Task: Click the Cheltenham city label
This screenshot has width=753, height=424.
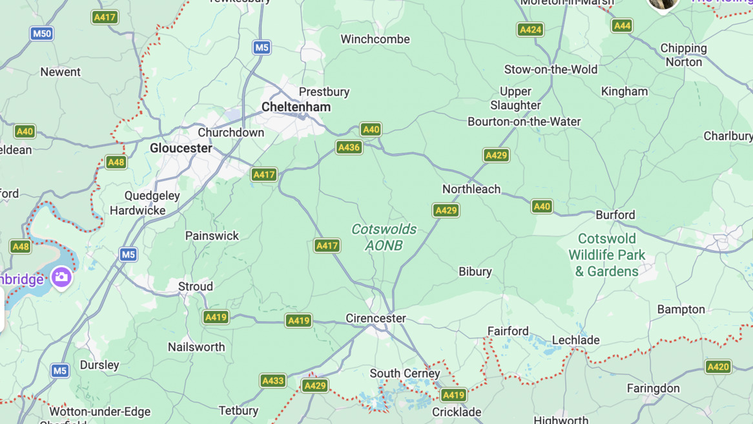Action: (x=296, y=107)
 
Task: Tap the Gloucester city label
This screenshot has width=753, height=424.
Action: (x=181, y=148)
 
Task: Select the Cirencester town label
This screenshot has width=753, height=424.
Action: (x=376, y=318)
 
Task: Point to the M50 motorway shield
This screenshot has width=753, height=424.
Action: (x=41, y=34)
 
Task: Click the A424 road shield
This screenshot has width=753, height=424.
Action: (x=530, y=30)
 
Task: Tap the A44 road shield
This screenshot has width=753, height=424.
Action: (x=622, y=26)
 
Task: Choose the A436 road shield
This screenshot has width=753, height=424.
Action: (x=349, y=147)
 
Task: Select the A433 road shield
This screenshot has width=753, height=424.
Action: (x=273, y=381)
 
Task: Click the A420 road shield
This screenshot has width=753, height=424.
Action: (x=718, y=367)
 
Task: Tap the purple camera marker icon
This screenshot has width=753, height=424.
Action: (x=62, y=277)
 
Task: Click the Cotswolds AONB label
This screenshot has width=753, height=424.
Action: (x=384, y=237)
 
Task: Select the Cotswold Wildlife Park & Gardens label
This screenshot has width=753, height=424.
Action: (x=606, y=255)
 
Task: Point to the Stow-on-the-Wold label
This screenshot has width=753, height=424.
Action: (x=551, y=69)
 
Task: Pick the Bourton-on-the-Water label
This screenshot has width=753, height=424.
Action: (x=524, y=122)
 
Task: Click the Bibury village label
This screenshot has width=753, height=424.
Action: (x=475, y=271)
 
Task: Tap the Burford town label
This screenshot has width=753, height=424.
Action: (x=615, y=215)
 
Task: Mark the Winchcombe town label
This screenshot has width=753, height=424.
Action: (x=375, y=39)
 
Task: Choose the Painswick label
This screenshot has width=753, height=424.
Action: (x=212, y=236)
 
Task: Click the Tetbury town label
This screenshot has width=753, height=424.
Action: (x=238, y=410)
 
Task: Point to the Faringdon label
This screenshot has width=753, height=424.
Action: (x=653, y=388)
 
